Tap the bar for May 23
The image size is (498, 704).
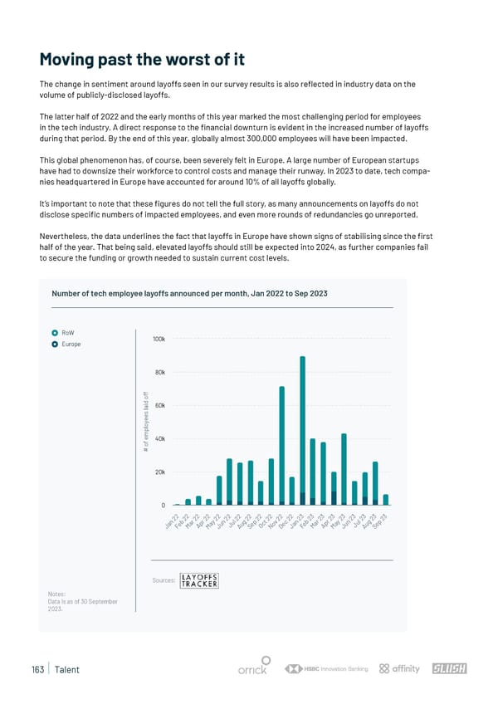click(344, 469)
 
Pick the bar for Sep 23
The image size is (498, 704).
click(386, 499)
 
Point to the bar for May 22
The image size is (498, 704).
click(219, 490)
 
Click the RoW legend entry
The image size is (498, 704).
click(66, 333)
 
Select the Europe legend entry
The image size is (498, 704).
click(69, 344)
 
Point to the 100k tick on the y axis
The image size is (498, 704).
click(159, 340)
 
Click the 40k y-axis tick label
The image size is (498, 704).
click(159, 438)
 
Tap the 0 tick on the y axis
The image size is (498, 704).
click(163, 505)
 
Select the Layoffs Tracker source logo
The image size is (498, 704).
click(199, 580)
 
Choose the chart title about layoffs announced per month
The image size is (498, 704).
click(189, 293)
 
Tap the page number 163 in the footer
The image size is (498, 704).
click(36, 669)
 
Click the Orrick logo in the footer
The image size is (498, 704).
click(252, 669)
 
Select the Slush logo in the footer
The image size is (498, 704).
click(449, 669)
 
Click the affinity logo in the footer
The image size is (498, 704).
click(399, 669)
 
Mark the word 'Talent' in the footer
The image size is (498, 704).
click(67, 669)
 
